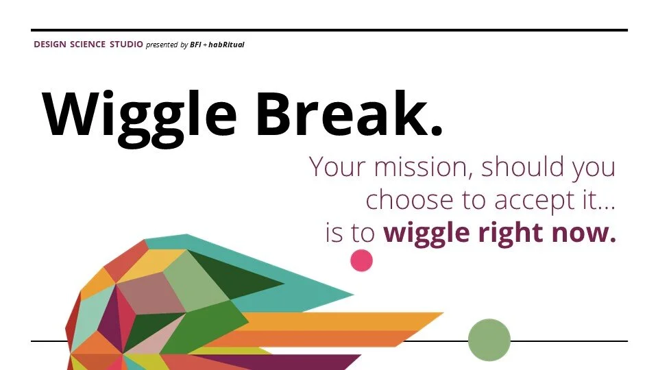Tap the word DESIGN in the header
[x=49, y=45]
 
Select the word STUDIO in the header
[x=126, y=45]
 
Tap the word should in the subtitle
[x=520, y=166]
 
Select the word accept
[x=531, y=200]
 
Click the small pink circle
[x=361, y=260]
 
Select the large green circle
[x=489, y=340]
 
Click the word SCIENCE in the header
[x=88, y=45]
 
